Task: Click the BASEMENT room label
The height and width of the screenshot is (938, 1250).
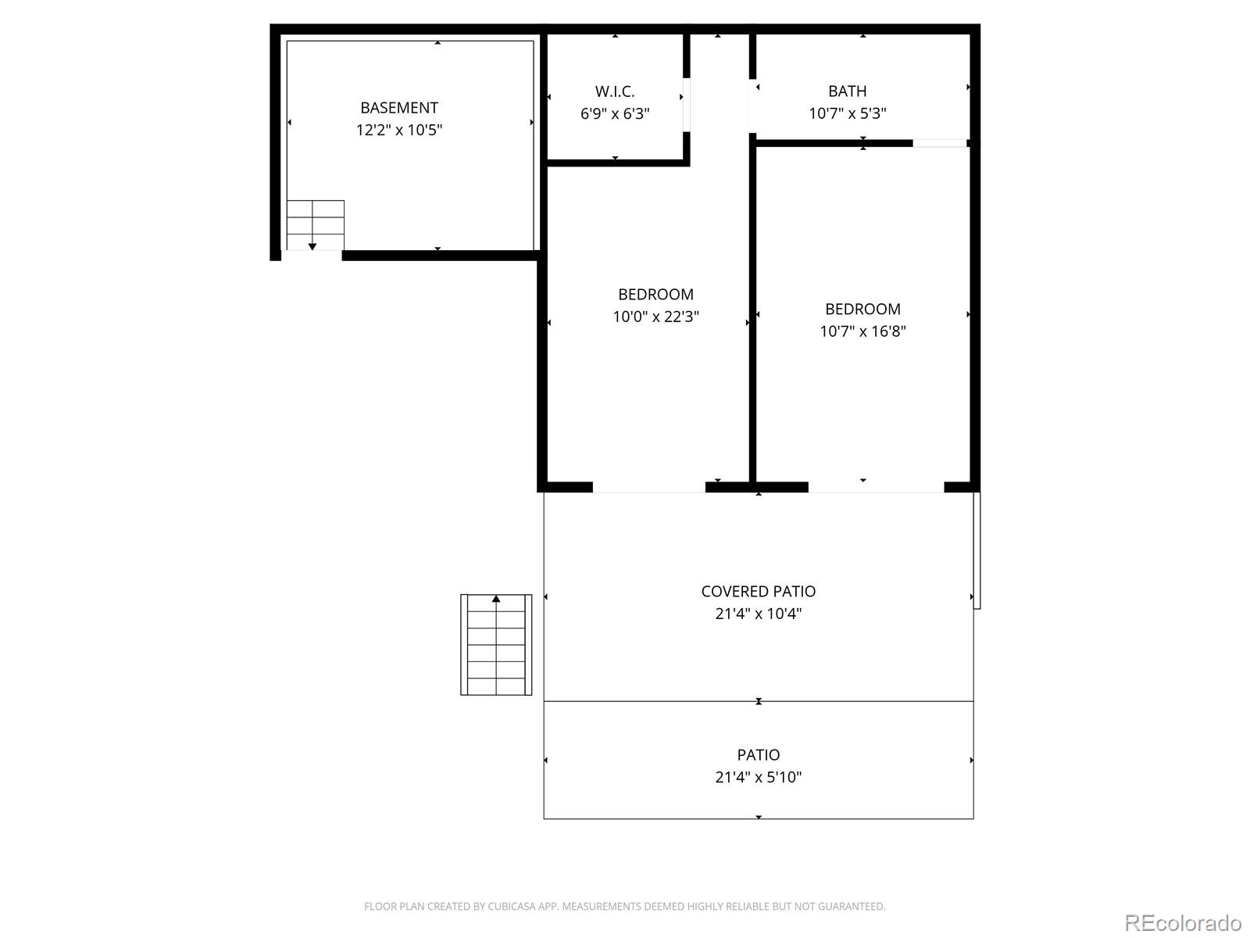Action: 398,108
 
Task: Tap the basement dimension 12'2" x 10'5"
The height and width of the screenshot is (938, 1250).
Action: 398,130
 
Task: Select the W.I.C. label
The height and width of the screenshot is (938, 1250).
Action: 615,91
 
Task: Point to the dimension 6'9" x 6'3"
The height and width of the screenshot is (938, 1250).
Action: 615,113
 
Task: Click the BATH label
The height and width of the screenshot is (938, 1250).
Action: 847,91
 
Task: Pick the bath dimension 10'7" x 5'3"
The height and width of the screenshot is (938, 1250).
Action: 847,113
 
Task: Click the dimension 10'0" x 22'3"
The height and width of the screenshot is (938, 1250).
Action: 655,317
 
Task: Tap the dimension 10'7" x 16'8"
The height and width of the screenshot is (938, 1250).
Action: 862,331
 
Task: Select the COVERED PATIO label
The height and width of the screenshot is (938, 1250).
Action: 758,592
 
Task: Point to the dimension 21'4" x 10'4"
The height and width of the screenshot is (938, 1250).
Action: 758,614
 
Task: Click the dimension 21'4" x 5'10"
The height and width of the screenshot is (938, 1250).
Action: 758,777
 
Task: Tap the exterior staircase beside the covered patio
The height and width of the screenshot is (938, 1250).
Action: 496,645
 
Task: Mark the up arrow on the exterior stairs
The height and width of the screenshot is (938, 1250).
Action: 496,600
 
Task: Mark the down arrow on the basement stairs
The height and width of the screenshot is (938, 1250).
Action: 312,246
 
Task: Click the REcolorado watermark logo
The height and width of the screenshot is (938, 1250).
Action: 1183,922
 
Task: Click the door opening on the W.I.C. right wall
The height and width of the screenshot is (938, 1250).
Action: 687,105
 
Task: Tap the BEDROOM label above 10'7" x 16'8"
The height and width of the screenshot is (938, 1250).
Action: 862,309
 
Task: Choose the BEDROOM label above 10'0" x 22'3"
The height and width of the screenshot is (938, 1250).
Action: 655,295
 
